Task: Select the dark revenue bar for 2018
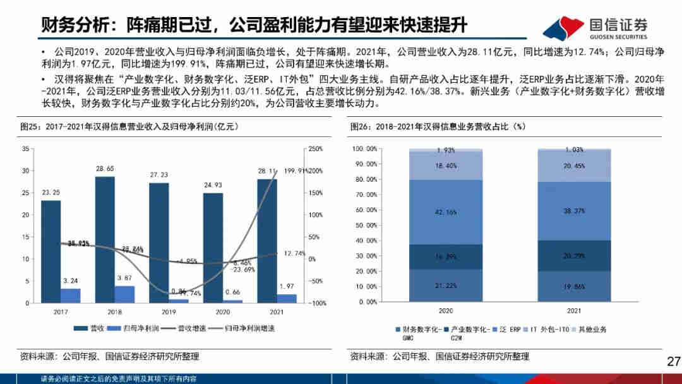point(105,239)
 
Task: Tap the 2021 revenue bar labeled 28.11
point(267,241)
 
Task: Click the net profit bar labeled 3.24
point(71,296)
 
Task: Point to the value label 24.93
point(213,184)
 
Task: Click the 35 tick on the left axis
point(25,148)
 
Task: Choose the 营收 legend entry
point(91,328)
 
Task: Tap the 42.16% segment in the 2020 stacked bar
point(446,212)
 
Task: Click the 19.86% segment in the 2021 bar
point(575,286)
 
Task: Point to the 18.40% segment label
point(446,165)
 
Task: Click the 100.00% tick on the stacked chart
point(364,149)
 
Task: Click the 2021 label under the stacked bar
point(575,311)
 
